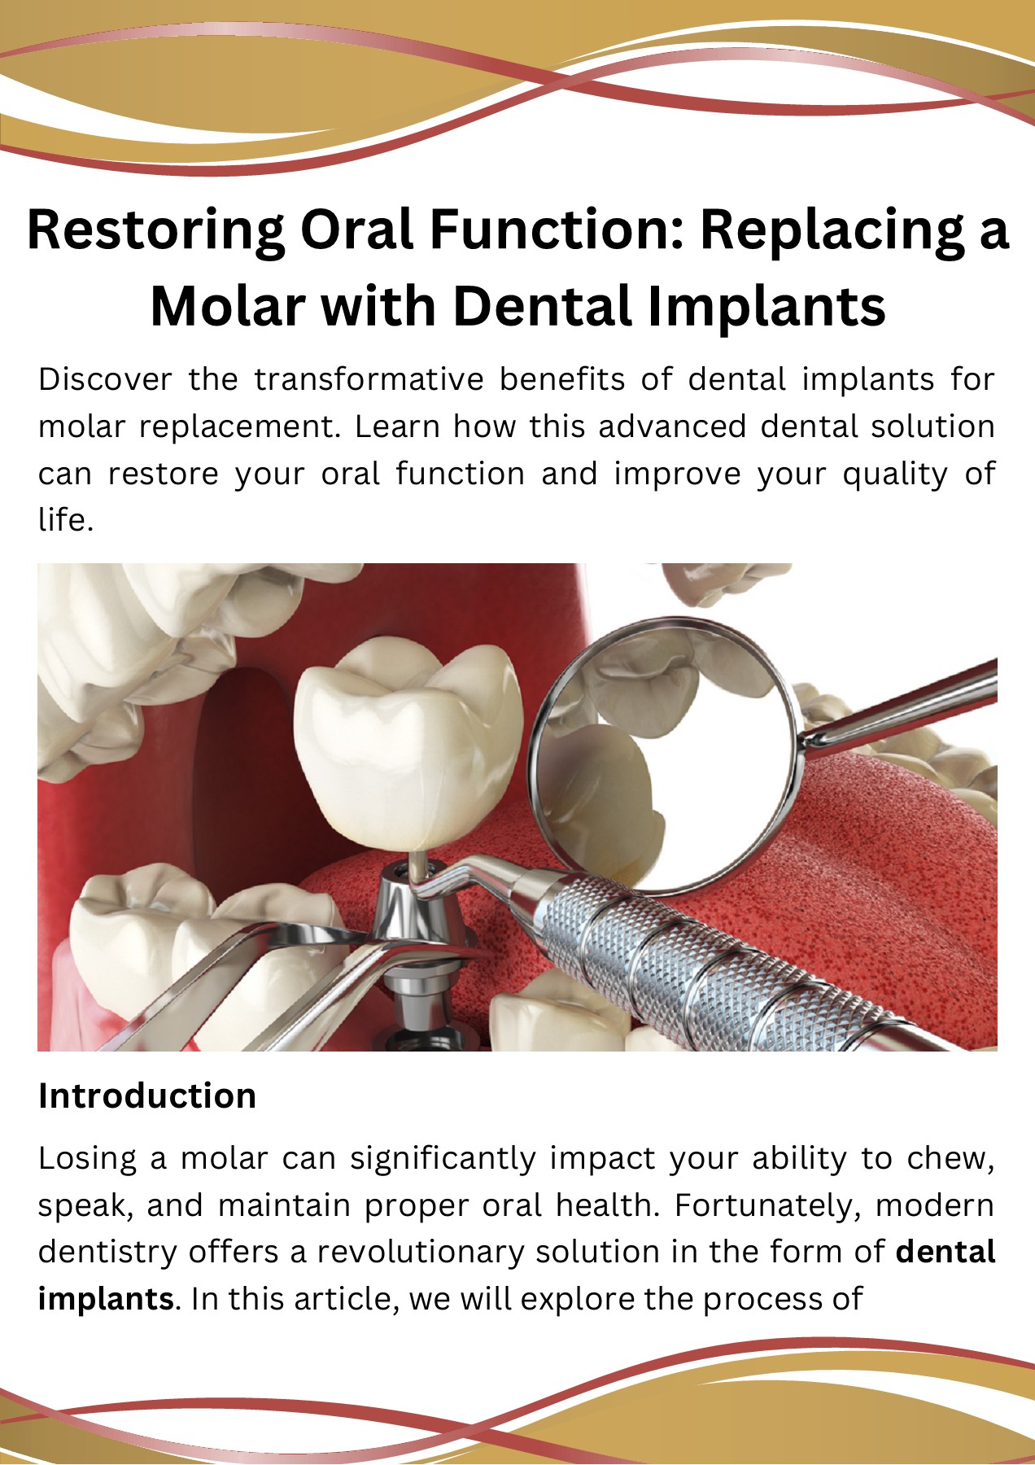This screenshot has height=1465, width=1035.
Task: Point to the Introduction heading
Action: pyautogui.click(x=147, y=1096)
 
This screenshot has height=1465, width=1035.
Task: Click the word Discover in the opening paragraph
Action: pyautogui.click(x=105, y=379)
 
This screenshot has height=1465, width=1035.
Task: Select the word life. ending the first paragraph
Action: pyautogui.click(x=66, y=520)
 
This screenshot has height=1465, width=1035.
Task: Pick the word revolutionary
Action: pyautogui.click(x=420, y=1252)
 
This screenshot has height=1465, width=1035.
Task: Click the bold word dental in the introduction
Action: pyautogui.click(x=945, y=1252)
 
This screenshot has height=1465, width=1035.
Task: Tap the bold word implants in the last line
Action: pyautogui.click(x=106, y=1299)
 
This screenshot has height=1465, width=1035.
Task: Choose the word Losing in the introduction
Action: pyautogui.click(x=86, y=1158)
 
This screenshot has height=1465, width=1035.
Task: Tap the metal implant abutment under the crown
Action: pyautogui.click(x=411, y=912)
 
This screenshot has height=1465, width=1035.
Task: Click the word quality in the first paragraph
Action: pyautogui.click(x=894, y=474)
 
